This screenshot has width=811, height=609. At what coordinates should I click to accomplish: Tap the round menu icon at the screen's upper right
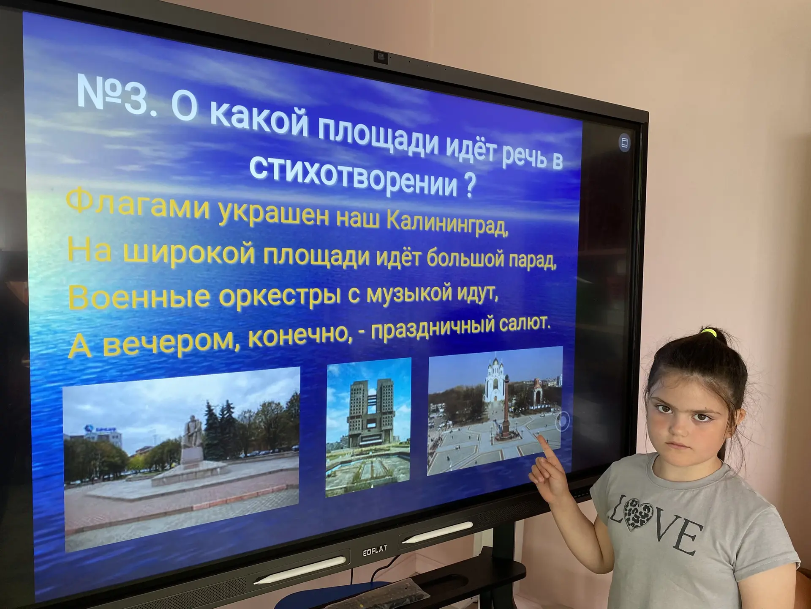pos(624,143)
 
